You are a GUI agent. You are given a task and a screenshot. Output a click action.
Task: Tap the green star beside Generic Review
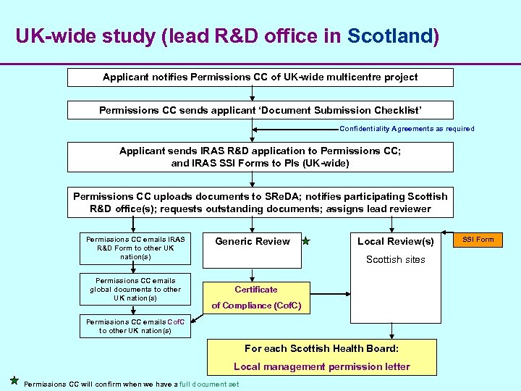click(x=306, y=241)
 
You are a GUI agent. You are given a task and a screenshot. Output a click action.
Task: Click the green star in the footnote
click(x=14, y=381)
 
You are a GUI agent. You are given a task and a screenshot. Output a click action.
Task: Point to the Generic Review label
click(x=253, y=241)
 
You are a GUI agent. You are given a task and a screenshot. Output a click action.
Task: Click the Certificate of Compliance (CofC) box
click(x=256, y=298)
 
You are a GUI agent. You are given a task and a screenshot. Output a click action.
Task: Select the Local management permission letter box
click(x=321, y=357)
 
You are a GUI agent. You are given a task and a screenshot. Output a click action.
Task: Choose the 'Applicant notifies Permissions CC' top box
click(x=260, y=77)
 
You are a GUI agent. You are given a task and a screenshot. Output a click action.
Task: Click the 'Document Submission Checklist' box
click(x=260, y=110)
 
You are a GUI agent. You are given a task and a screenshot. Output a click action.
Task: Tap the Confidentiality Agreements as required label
click(x=407, y=129)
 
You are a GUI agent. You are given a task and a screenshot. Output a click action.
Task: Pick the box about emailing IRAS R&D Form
click(x=135, y=248)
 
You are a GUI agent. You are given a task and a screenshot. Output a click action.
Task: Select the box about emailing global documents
click(x=135, y=289)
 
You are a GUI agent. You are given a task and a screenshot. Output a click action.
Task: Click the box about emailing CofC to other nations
click(x=135, y=326)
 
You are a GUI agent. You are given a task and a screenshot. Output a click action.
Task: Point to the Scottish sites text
click(x=395, y=259)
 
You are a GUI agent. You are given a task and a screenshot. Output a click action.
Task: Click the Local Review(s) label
click(x=395, y=241)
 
